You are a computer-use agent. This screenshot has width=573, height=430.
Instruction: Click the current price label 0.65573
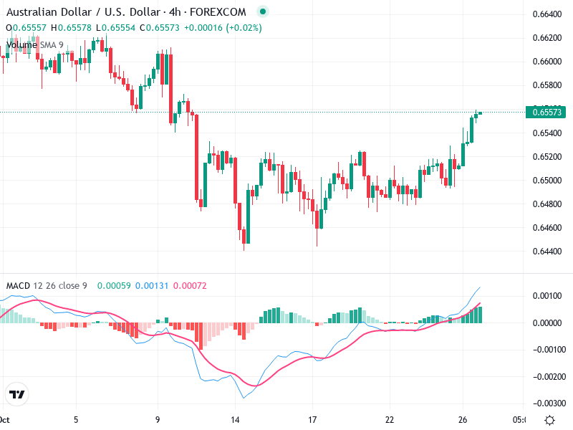[x=549, y=112]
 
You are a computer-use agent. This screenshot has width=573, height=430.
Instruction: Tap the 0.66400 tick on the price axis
[x=548, y=14]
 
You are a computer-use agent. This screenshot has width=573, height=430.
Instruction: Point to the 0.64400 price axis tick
[x=548, y=251]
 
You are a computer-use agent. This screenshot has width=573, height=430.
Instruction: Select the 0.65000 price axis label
[x=548, y=180]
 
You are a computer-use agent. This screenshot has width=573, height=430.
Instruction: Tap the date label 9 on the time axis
[x=158, y=419]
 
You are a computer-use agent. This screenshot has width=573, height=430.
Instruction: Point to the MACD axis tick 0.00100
[x=548, y=296]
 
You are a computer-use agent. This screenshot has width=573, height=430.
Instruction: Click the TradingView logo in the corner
[x=16, y=395]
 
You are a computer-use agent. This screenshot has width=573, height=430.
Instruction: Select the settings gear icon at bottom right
[x=549, y=420]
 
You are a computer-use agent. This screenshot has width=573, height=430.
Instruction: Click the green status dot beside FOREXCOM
[x=263, y=12]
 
